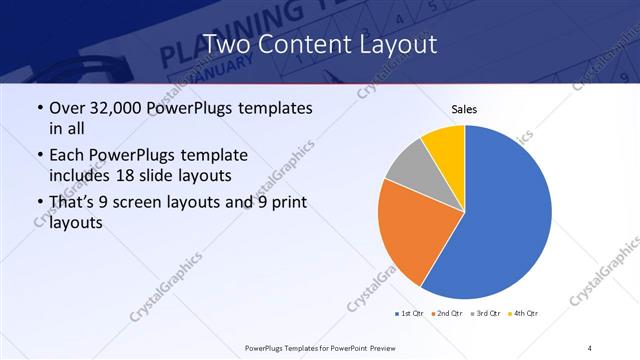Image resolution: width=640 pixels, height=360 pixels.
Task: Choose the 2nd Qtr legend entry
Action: point(446,314)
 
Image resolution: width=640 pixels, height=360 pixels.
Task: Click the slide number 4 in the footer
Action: point(590,347)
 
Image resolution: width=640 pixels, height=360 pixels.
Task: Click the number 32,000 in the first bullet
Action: point(118,108)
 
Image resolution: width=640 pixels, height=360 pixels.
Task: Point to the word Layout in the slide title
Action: point(395,44)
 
